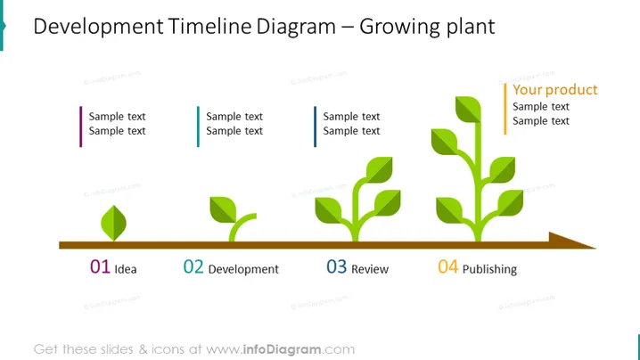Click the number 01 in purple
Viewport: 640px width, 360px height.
pyautogui.click(x=100, y=267)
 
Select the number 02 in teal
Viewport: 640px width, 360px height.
pyautogui.click(x=193, y=267)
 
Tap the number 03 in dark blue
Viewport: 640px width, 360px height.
pyautogui.click(x=336, y=267)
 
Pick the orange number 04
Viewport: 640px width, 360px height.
pyautogui.click(x=448, y=267)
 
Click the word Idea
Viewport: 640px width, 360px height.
pyautogui.click(x=126, y=269)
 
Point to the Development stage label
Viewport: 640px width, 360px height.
pyautogui.click(x=243, y=269)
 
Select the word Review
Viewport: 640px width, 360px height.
pyautogui.click(x=370, y=269)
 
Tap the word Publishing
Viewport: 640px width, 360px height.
pyautogui.click(x=489, y=269)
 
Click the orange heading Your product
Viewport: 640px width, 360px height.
pyautogui.click(x=555, y=90)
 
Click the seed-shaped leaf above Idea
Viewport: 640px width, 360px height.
pyautogui.click(x=113, y=223)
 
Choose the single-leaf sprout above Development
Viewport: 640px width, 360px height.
pyautogui.click(x=233, y=219)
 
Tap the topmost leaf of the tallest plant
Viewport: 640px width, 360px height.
pyautogui.click(x=468, y=110)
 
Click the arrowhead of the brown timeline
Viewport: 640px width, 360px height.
pyautogui.click(x=571, y=241)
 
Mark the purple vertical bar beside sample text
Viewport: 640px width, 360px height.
pyautogui.click(x=81, y=127)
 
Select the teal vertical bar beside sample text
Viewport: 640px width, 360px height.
pyautogui.click(x=198, y=127)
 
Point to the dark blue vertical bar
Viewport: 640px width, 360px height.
pyautogui.click(x=316, y=127)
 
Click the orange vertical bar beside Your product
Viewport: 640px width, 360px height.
pyautogui.click(x=505, y=109)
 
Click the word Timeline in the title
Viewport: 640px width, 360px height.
pyautogui.click(x=209, y=27)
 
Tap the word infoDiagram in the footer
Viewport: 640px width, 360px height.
pyautogui.click(x=282, y=349)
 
